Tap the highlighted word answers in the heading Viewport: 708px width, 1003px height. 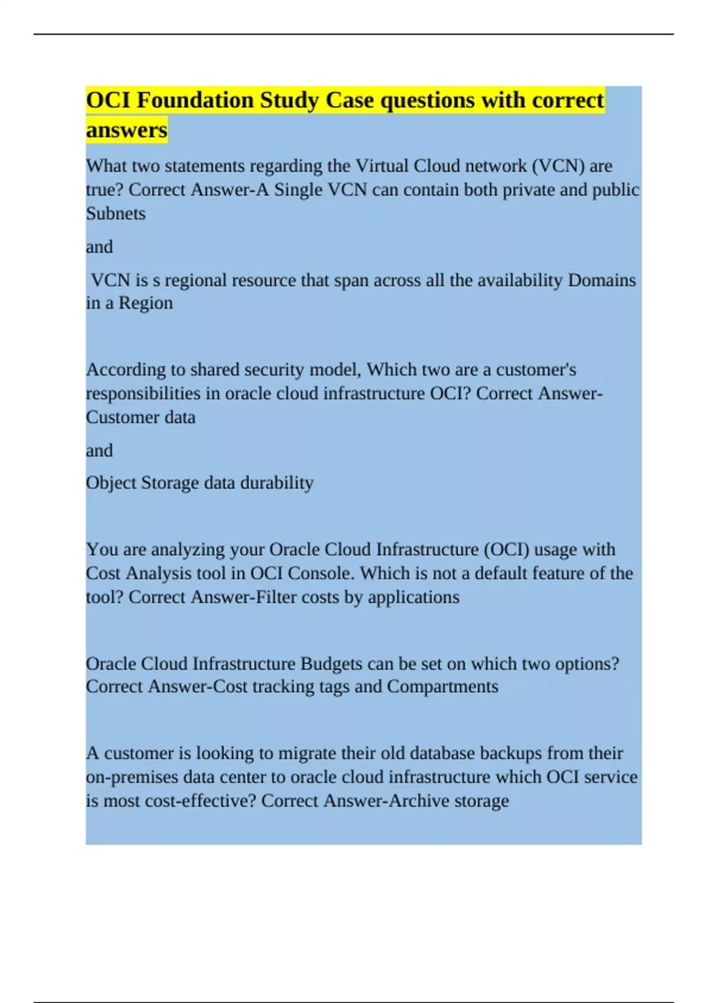[126, 130]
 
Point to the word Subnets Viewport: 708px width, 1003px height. [116, 214]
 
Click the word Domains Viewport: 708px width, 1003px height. [601, 280]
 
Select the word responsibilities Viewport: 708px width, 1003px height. [143, 394]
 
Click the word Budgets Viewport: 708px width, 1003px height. [331, 664]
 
